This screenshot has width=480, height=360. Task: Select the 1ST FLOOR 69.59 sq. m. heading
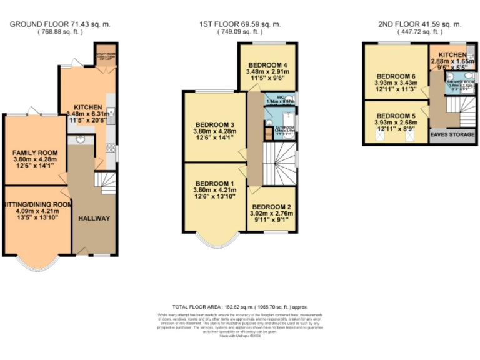tap(240, 24)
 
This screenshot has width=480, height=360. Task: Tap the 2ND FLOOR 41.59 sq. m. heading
tap(419, 24)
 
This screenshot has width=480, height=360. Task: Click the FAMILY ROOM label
tap(35, 152)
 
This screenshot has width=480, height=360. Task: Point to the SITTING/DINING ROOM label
tap(36, 205)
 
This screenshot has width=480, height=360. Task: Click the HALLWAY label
tap(94, 218)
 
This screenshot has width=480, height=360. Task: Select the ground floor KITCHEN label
tap(84, 107)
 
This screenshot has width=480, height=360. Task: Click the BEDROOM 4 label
tap(268, 65)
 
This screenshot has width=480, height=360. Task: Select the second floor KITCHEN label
tap(452, 55)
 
